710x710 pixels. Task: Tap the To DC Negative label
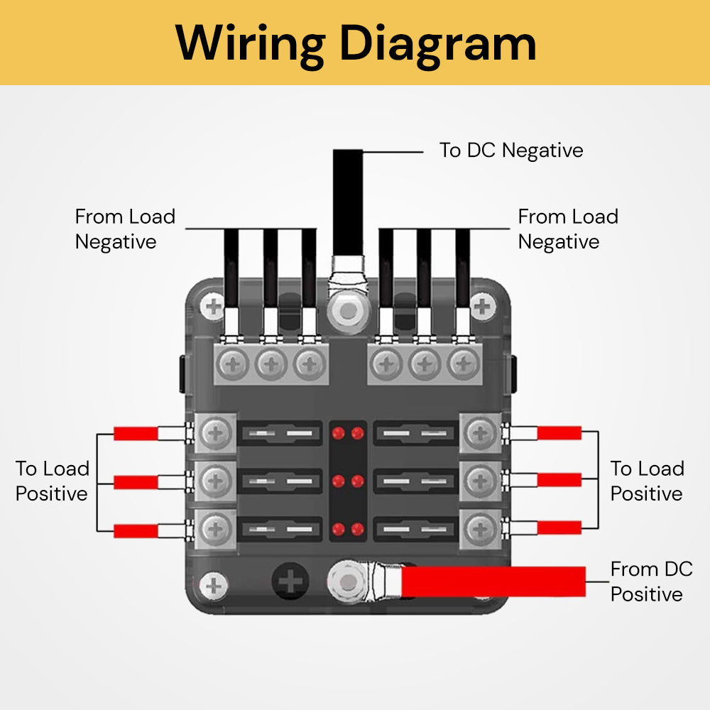click(x=510, y=151)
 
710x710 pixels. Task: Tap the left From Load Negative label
click(x=125, y=229)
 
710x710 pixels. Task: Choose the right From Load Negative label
click(x=568, y=229)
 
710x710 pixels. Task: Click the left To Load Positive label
click(x=53, y=481)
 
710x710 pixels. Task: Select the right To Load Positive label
click(x=647, y=481)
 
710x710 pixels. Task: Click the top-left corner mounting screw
click(x=212, y=307)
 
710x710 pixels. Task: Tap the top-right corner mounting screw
click(x=483, y=307)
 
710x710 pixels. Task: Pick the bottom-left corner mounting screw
click(x=213, y=586)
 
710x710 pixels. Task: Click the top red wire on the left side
click(x=136, y=433)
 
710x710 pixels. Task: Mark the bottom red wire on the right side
click(x=559, y=528)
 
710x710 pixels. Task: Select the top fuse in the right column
click(x=415, y=432)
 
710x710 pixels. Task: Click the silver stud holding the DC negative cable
click(x=347, y=310)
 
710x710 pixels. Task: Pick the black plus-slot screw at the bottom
click(x=290, y=583)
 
